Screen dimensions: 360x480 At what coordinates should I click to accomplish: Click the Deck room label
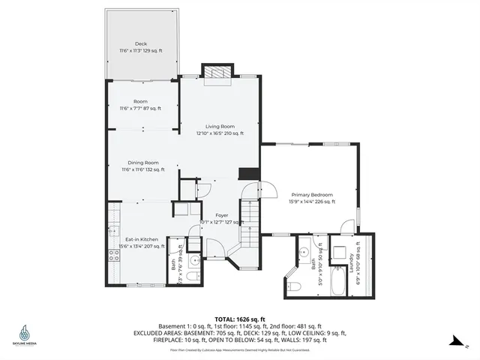click(x=141, y=43)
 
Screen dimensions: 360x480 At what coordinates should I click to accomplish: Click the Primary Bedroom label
click(x=310, y=195)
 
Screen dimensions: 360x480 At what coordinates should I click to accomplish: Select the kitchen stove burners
click(x=114, y=256)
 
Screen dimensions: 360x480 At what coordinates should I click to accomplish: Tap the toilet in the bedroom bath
click(x=295, y=286)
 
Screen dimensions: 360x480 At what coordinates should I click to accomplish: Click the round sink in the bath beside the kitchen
click(x=193, y=260)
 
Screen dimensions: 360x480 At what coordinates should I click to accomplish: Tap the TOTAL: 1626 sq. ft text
click(x=239, y=317)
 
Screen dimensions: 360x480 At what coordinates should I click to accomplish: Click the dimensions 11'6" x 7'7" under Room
click(x=141, y=108)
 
